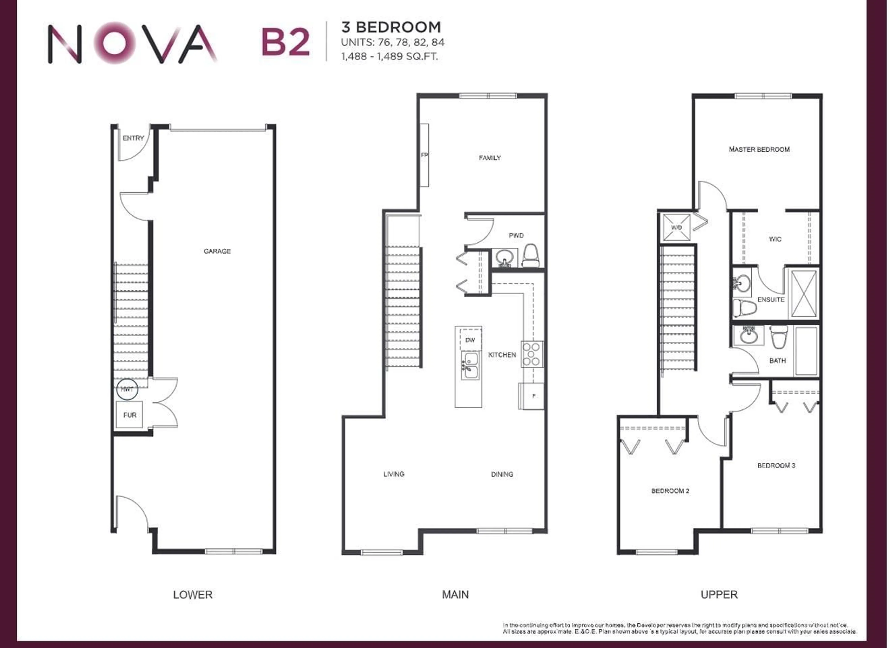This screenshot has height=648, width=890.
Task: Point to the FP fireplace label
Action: pos(424,155)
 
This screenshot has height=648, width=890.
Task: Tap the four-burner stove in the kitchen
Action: pos(532,354)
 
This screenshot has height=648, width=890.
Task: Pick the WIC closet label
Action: pos(775,239)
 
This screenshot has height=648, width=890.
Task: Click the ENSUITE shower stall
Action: pos(804,294)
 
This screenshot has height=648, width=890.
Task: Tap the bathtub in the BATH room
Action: pos(806,351)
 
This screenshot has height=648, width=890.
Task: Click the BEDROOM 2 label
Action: pos(670,491)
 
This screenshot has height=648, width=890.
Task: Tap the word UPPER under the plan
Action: pos(719,595)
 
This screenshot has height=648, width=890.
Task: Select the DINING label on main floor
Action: pos(502,474)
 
